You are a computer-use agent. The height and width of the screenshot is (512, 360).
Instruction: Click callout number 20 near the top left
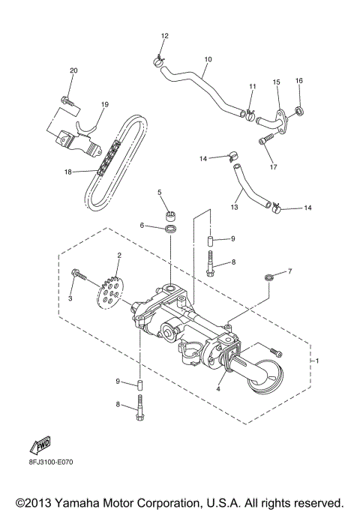coord(73,70)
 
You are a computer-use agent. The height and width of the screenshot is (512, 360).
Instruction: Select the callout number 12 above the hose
coord(164,36)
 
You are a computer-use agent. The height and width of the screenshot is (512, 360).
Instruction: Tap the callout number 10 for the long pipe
coord(208,58)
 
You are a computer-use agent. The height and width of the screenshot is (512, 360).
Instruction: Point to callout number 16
coord(298,80)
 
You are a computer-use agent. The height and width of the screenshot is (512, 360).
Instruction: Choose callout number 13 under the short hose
coord(234,206)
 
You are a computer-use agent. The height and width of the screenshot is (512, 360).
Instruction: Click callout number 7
coord(289,271)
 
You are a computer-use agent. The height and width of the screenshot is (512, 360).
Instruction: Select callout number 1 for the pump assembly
coord(317,361)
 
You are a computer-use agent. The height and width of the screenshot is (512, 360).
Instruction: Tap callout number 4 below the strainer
coord(219,388)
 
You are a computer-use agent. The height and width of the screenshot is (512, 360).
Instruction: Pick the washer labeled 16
coord(299,112)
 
